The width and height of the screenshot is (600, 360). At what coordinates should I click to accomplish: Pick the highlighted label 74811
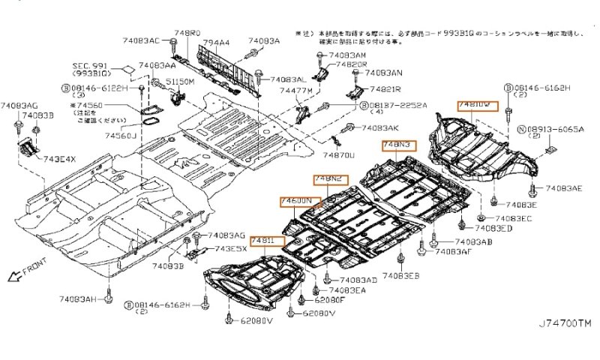(267, 241)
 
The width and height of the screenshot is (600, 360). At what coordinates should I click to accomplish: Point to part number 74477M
(295, 90)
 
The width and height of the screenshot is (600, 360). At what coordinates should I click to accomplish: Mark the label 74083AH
(79, 298)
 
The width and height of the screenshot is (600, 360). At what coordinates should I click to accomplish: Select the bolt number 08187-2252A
(397, 106)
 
